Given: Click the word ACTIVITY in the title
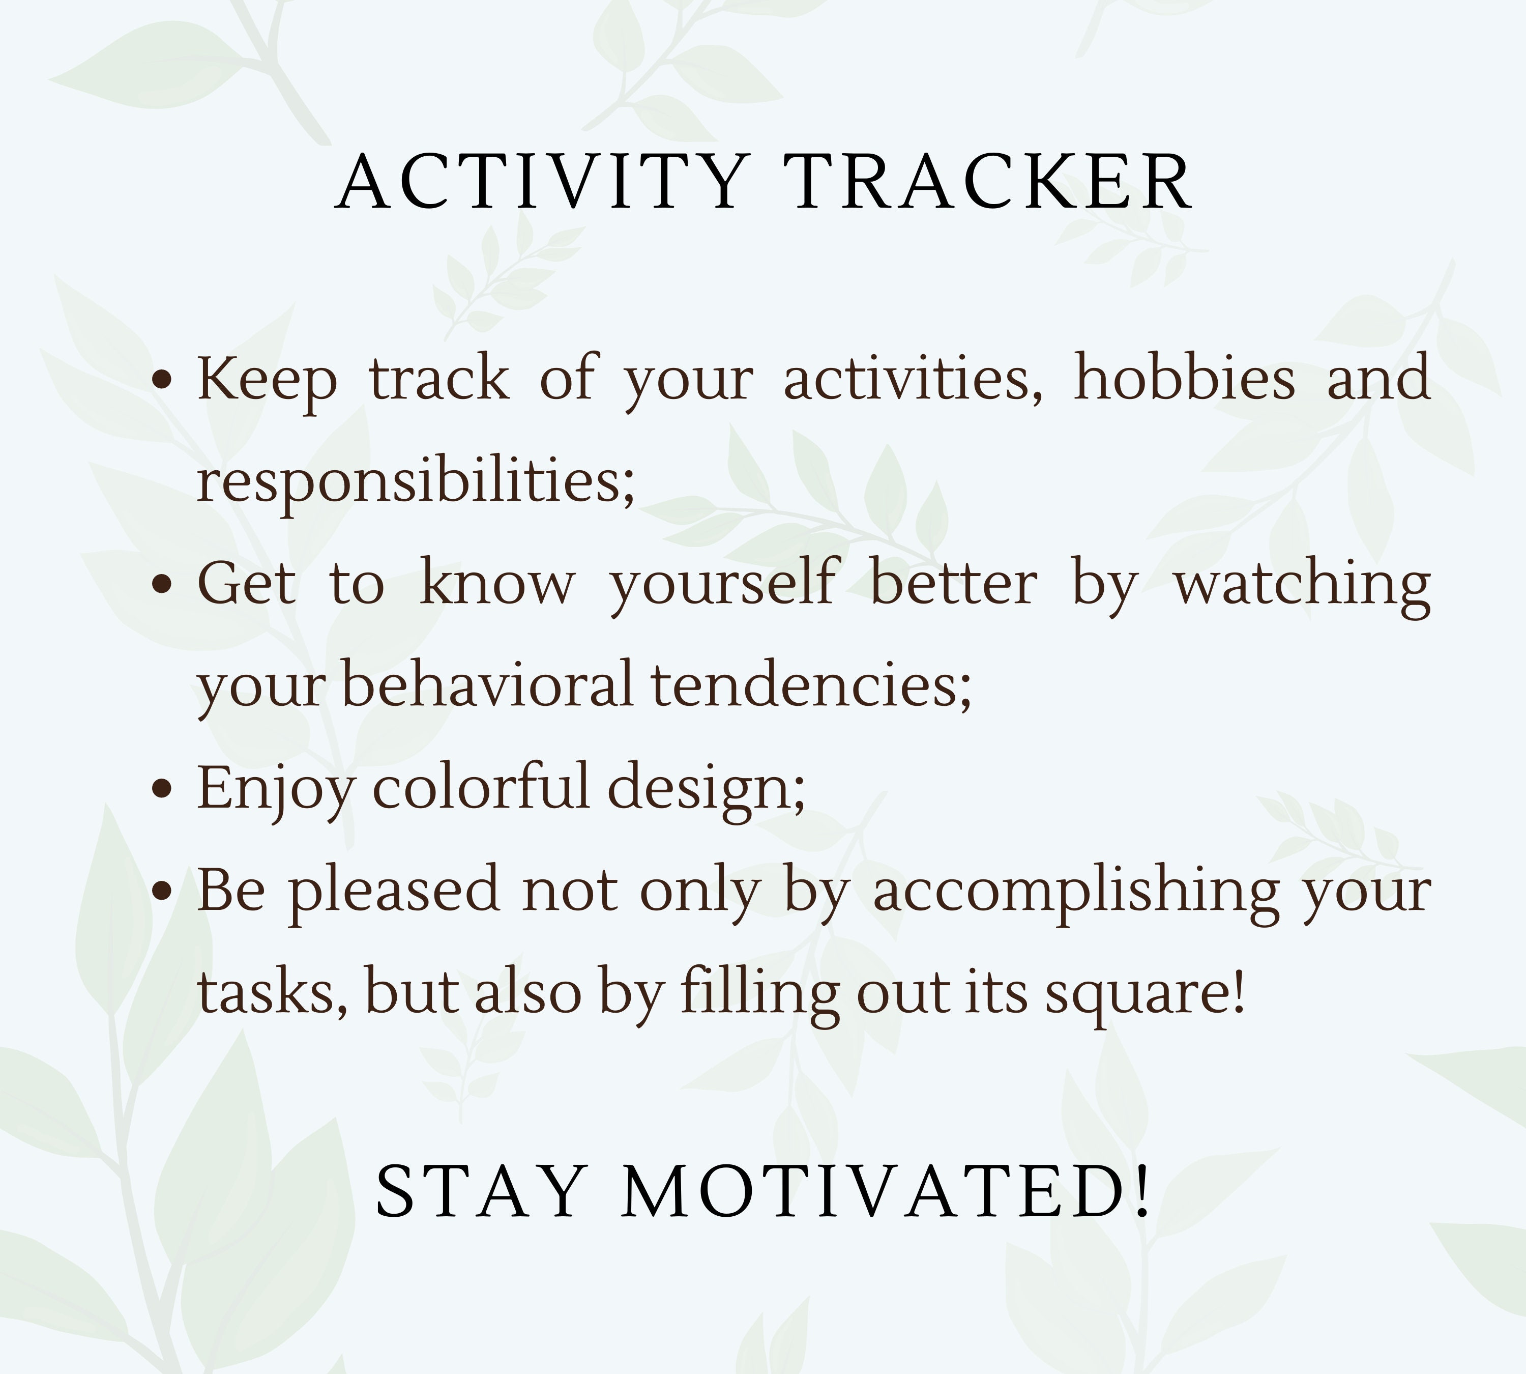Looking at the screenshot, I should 541,183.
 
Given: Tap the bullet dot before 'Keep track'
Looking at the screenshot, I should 162,379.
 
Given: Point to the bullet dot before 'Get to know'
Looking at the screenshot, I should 162,584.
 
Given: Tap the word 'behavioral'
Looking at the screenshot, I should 487,685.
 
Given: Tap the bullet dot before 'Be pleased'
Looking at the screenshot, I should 162,892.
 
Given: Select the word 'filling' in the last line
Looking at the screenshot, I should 760,993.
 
